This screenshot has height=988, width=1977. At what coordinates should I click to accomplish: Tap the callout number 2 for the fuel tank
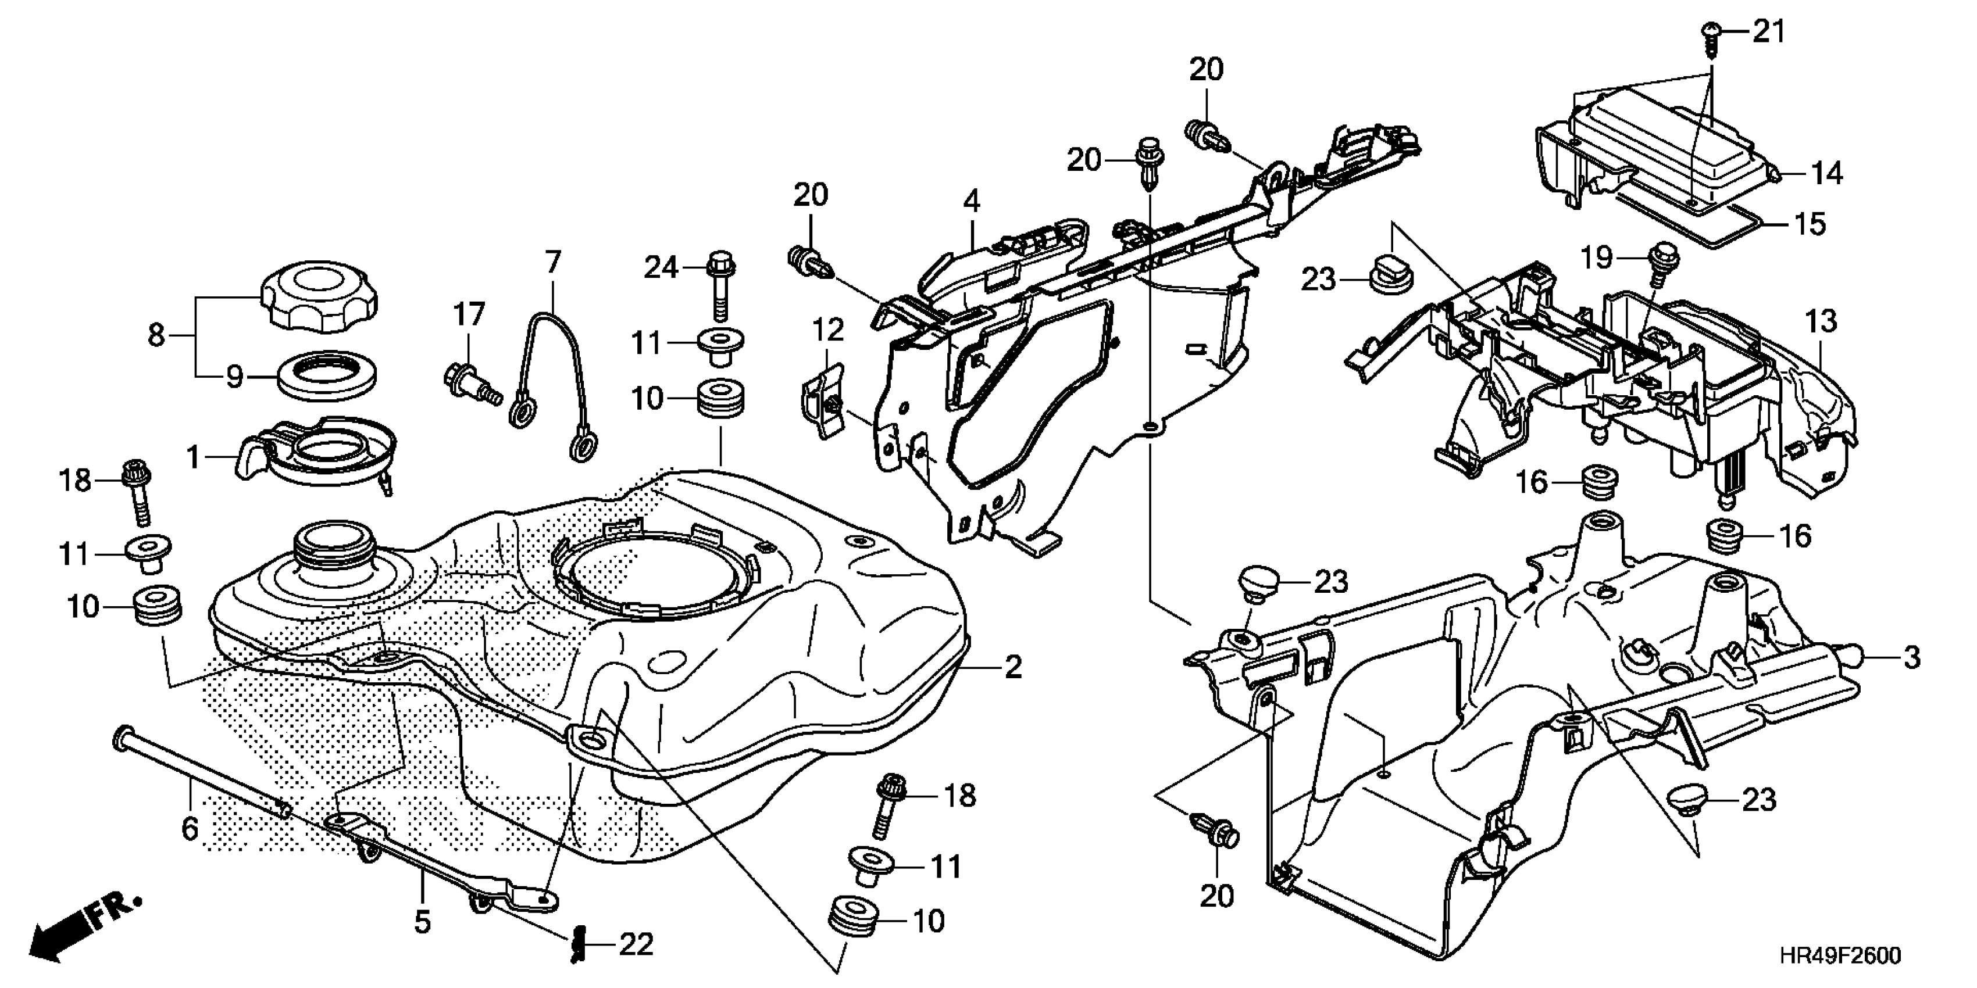1013,667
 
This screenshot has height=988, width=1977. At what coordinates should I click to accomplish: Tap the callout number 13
1821,321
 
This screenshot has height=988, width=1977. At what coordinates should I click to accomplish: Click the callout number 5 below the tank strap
423,921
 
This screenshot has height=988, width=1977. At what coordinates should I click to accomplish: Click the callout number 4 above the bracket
972,202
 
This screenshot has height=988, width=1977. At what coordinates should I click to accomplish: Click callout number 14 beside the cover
1828,174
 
